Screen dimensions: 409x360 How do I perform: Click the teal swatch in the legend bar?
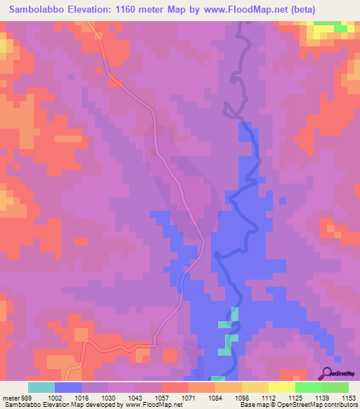tap(41, 387)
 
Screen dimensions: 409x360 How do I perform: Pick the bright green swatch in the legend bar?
tap(308, 387)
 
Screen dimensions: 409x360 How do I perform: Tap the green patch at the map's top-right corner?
tap(331, 27)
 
